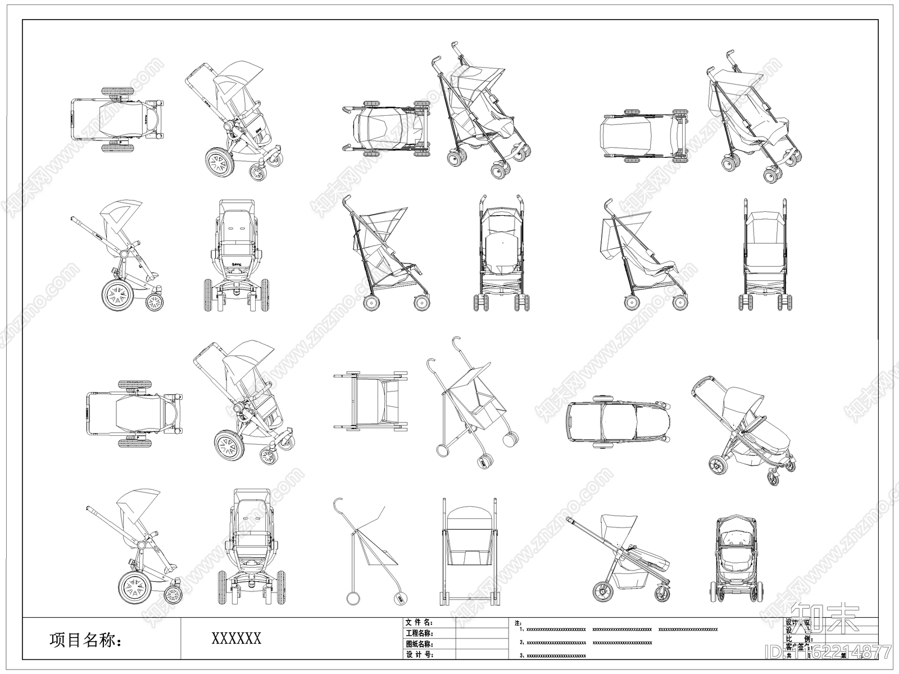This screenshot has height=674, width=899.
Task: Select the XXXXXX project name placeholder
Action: click(236, 639)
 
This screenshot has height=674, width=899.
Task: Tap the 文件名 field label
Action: click(419, 623)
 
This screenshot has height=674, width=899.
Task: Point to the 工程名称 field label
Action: click(419, 634)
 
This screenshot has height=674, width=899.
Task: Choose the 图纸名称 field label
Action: click(419, 644)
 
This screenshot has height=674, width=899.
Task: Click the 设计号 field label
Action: click(419, 655)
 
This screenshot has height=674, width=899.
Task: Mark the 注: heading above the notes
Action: click(517, 623)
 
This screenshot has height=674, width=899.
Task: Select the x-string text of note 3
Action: click(556, 655)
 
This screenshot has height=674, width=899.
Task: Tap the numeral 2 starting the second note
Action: click(521, 643)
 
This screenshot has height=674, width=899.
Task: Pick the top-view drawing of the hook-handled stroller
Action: click(370, 400)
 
